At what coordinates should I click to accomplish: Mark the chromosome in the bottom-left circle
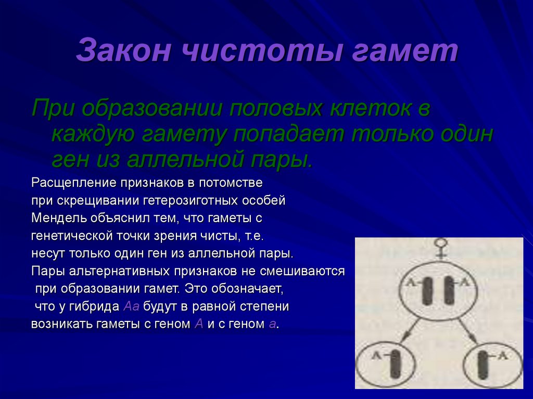click(x=397, y=364)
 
